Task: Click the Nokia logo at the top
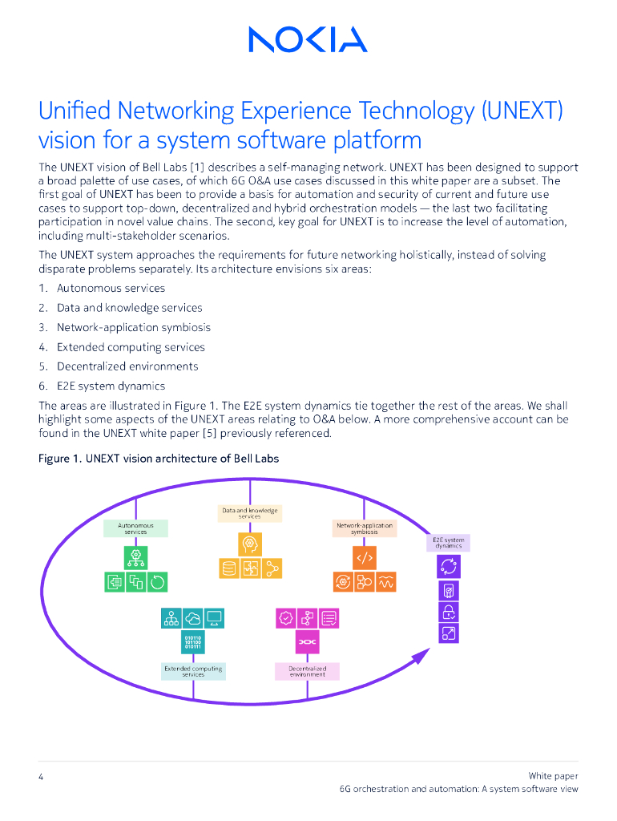pyautogui.click(x=308, y=39)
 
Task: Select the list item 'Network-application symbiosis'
pyautogui.click(x=134, y=327)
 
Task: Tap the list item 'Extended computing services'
pyautogui.click(x=131, y=347)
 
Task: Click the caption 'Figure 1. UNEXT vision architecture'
pyautogui.click(x=159, y=459)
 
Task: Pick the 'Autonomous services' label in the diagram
pyautogui.click(x=136, y=528)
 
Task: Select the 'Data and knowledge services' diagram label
pyautogui.click(x=250, y=513)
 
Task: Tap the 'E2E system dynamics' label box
pyautogui.click(x=449, y=543)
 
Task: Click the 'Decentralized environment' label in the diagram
pyautogui.click(x=308, y=672)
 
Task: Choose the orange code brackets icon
pyautogui.click(x=365, y=557)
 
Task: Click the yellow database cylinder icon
pyautogui.click(x=229, y=569)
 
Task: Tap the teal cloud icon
pyautogui.click(x=193, y=618)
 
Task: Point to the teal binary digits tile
pyautogui.click(x=193, y=642)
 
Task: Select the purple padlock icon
pyautogui.click(x=449, y=613)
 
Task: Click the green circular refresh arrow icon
pyautogui.click(x=159, y=583)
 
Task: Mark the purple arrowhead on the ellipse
pyautogui.click(x=420, y=657)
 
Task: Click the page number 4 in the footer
pyautogui.click(x=41, y=776)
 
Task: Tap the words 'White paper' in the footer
pyautogui.click(x=553, y=775)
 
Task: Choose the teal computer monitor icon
pyautogui.click(x=215, y=618)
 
